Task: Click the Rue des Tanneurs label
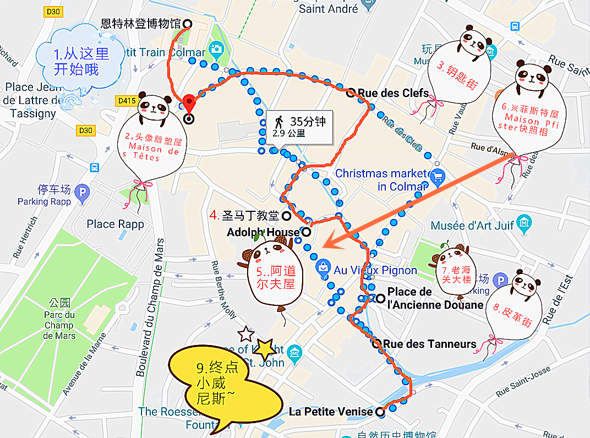coord(429,344)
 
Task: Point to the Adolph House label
coord(263,232)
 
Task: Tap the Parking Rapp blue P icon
coord(83,190)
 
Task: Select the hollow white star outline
coord(245,333)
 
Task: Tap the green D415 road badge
coord(125,101)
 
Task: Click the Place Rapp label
coord(115,224)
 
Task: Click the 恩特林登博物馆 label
coord(141,24)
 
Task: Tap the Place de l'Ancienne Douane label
coord(435,298)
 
